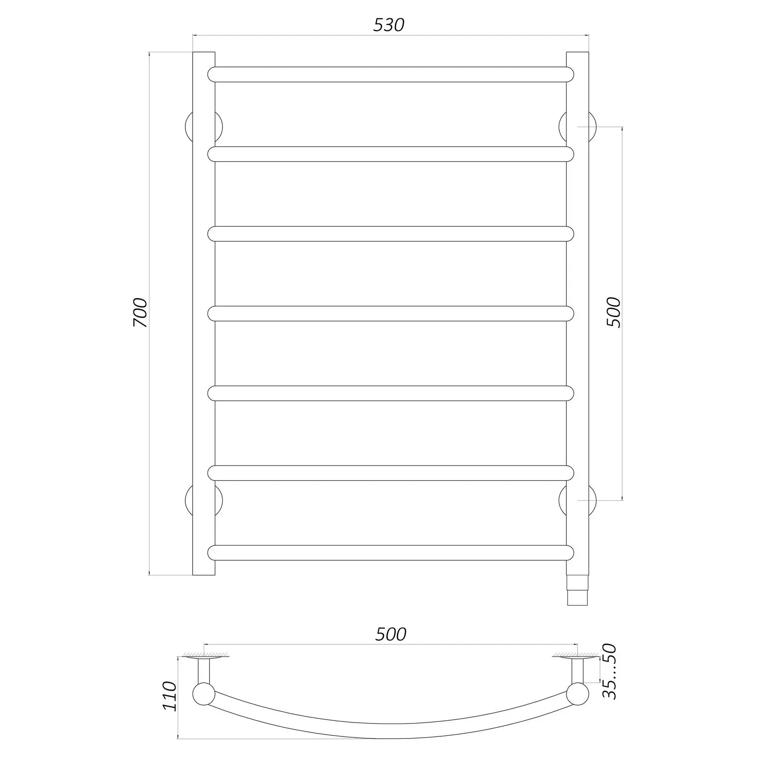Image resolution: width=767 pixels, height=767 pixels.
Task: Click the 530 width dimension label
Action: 389,26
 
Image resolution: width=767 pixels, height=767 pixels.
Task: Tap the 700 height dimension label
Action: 140,313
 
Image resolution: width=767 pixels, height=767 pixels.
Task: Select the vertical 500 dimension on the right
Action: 614,312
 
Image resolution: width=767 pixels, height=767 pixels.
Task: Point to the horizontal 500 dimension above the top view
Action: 391,646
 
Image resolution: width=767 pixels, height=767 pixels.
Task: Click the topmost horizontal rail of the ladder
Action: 391,75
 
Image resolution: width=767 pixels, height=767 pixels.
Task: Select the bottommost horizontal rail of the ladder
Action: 391,553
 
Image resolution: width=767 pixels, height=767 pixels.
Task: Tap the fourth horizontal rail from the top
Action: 391,314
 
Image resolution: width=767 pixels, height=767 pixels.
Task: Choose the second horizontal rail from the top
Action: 391,154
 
